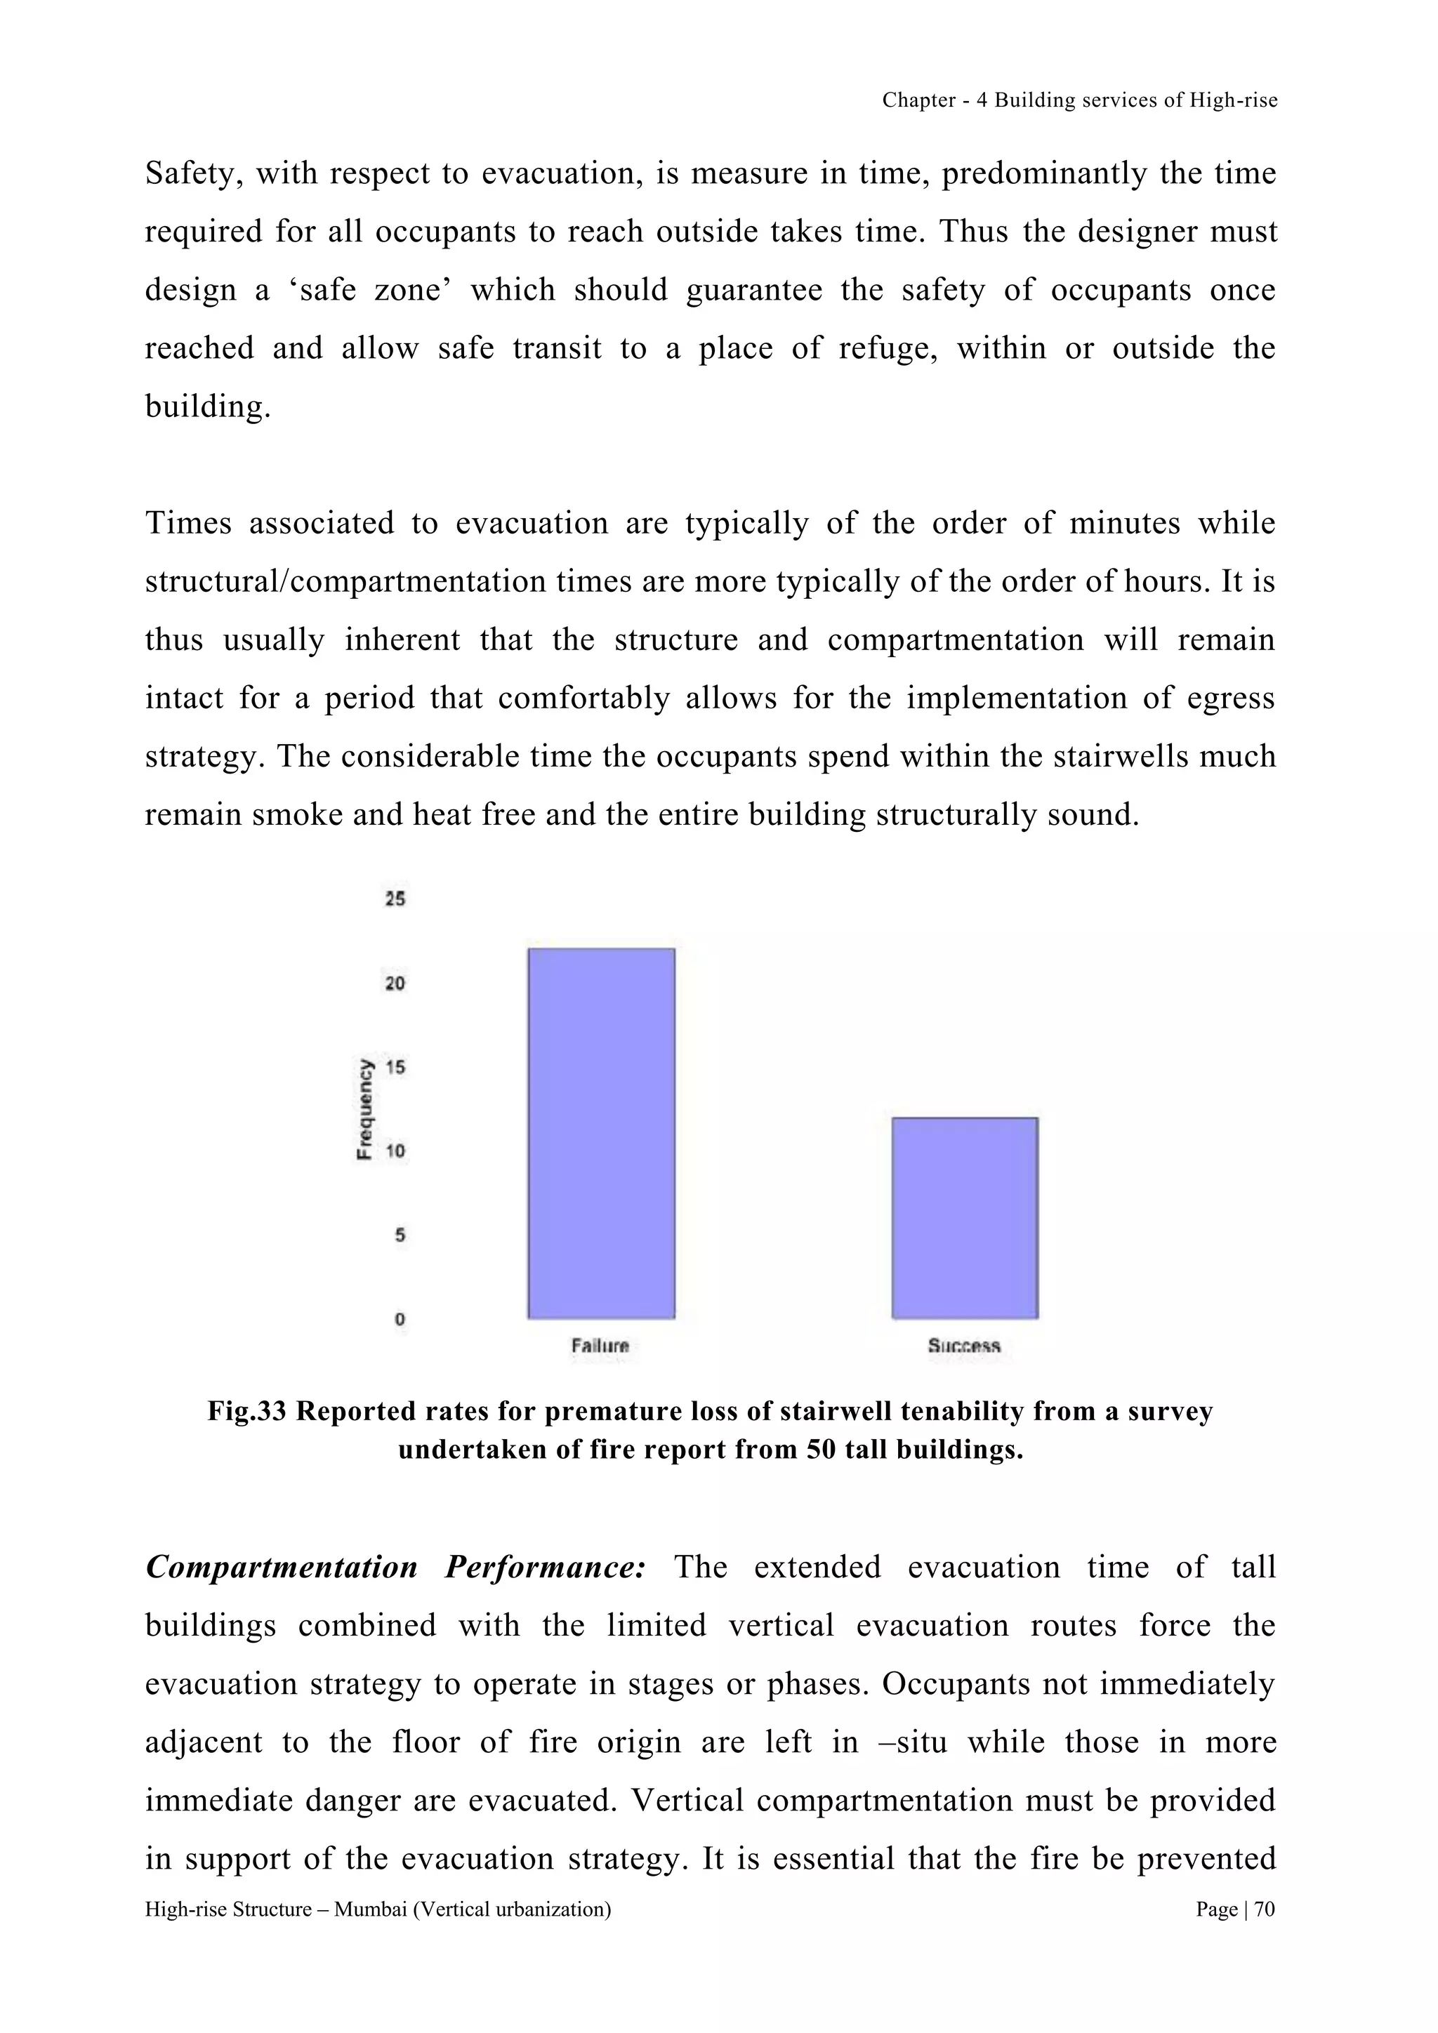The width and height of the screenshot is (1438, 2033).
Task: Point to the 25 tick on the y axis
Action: [395, 899]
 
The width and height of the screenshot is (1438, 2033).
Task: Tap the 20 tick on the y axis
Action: [395, 983]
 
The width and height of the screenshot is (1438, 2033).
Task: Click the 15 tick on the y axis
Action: [395, 1067]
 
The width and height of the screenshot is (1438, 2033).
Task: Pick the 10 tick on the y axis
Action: [395, 1151]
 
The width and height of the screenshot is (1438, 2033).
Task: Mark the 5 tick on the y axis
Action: [400, 1234]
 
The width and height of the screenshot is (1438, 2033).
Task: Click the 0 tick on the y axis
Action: [400, 1318]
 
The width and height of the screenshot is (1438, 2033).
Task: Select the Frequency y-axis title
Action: [364, 1108]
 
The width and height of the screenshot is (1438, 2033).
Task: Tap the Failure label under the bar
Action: [600, 1346]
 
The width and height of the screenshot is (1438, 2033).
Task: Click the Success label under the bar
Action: [964, 1346]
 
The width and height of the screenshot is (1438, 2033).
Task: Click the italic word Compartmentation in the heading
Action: [282, 1568]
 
